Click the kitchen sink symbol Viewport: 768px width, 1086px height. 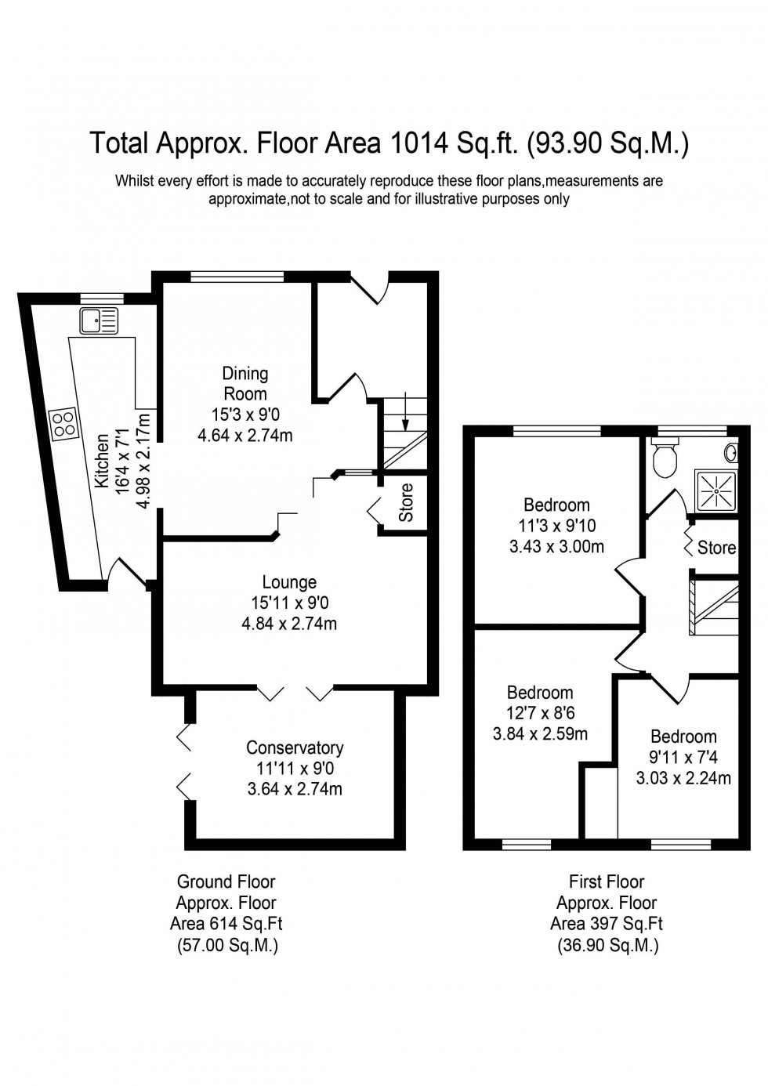pos(98,320)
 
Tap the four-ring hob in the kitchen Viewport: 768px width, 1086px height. pos(63,424)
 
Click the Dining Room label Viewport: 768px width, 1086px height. pos(245,384)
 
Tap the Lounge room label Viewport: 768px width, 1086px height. pos(289,582)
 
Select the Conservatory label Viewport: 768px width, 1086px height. pos(295,748)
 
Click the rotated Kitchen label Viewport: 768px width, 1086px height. pos(102,462)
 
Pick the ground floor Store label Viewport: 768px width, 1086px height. pos(406,503)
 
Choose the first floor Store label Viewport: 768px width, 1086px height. pos(716,548)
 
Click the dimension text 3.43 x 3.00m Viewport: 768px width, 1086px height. pos(556,546)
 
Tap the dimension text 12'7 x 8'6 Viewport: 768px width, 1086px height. pos(540,713)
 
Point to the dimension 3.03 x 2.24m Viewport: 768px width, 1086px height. pos(683,778)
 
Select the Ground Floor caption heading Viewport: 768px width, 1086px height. pos(226,882)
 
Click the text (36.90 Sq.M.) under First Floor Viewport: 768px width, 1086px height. pos(607,946)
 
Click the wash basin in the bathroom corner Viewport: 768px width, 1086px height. pos(732,452)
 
